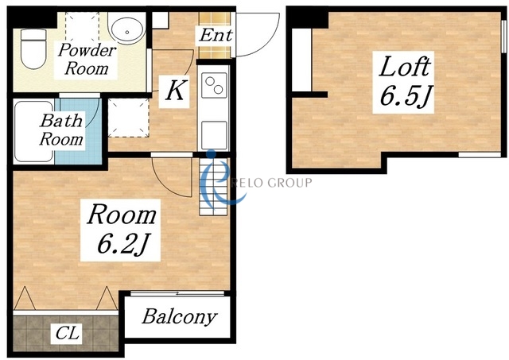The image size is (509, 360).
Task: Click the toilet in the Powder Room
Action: (x=33, y=48)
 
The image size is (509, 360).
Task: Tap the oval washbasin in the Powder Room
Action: (x=126, y=28)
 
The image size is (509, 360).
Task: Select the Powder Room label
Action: (x=87, y=60)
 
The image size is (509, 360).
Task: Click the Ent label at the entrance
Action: (x=216, y=35)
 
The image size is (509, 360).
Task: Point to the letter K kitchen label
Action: (x=177, y=90)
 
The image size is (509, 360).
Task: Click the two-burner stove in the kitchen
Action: (x=214, y=85)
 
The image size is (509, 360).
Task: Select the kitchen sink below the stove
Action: (x=214, y=135)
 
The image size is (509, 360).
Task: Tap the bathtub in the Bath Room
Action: (x=33, y=132)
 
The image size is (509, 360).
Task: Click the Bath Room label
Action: (x=61, y=130)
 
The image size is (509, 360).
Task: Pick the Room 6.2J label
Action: (x=121, y=230)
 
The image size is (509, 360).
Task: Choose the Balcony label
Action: (x=179, y=317)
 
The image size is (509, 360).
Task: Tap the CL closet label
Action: (x=67, y=333)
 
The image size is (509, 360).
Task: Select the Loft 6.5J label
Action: (x=405, y=81)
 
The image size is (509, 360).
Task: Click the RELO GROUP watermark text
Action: (x=274, y=183)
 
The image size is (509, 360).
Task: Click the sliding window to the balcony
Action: (x=177, y=293)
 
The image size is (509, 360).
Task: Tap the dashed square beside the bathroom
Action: (x=128, y=118)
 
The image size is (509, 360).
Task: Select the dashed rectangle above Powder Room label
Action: (x=82, y=28)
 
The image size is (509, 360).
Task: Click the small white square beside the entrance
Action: (x=161, y=21)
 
